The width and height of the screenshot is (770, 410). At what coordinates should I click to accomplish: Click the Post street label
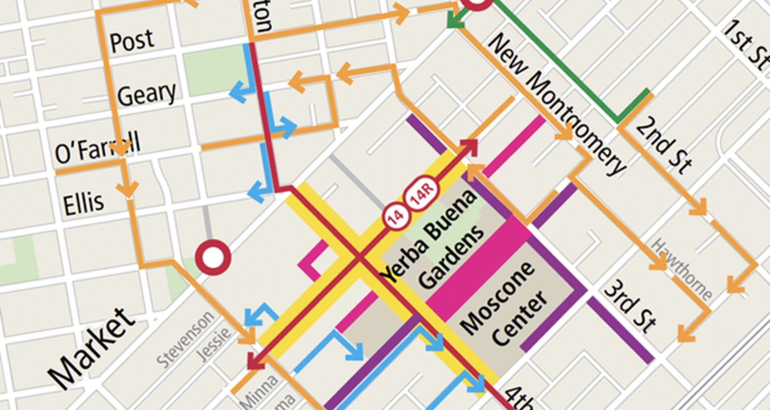[x=132, y=41]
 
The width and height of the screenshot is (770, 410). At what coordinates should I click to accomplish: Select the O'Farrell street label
[x=97, y=148]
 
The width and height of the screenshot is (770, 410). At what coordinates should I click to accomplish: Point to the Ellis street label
[x=83, y=203]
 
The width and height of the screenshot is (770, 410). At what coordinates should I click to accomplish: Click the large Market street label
[x=91, y=349]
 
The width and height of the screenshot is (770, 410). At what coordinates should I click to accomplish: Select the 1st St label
[x=746, y=44]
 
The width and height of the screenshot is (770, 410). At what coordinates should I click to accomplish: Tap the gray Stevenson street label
[x=186, y=340]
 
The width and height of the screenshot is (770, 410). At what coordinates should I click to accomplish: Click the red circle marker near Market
[x=213, y=257]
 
